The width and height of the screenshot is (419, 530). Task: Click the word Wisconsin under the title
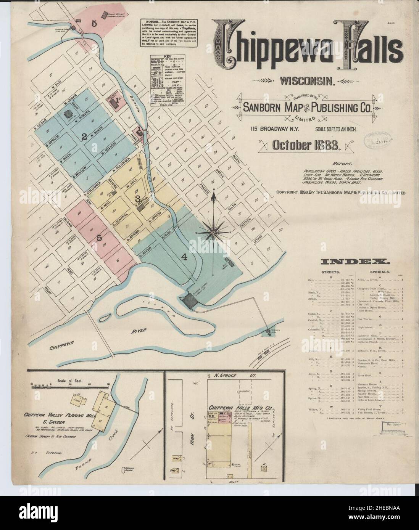[x=307, y=80]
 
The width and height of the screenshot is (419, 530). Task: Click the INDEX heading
[x=355, y=262]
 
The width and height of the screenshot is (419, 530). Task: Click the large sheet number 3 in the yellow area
[x=137, y=198]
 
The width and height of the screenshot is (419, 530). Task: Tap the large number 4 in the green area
[x=184, y=257]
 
